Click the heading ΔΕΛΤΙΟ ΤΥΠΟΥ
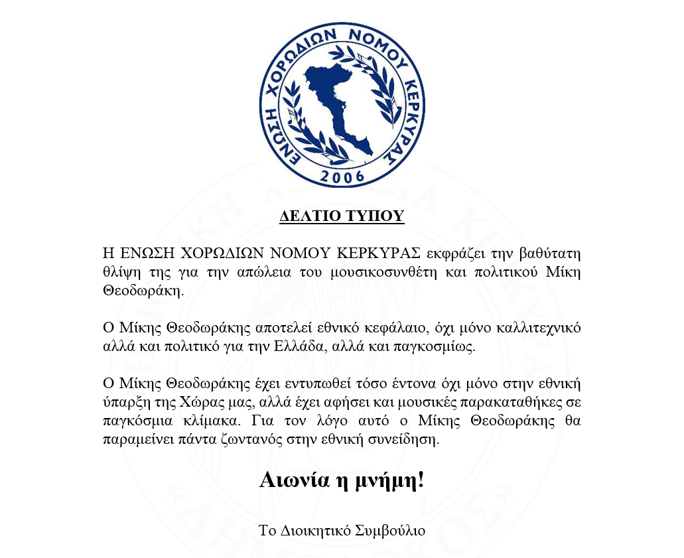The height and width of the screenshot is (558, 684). click(342, 216)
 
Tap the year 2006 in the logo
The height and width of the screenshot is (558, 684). click(342, 176)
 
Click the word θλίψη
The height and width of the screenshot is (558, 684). click(121, 272)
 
